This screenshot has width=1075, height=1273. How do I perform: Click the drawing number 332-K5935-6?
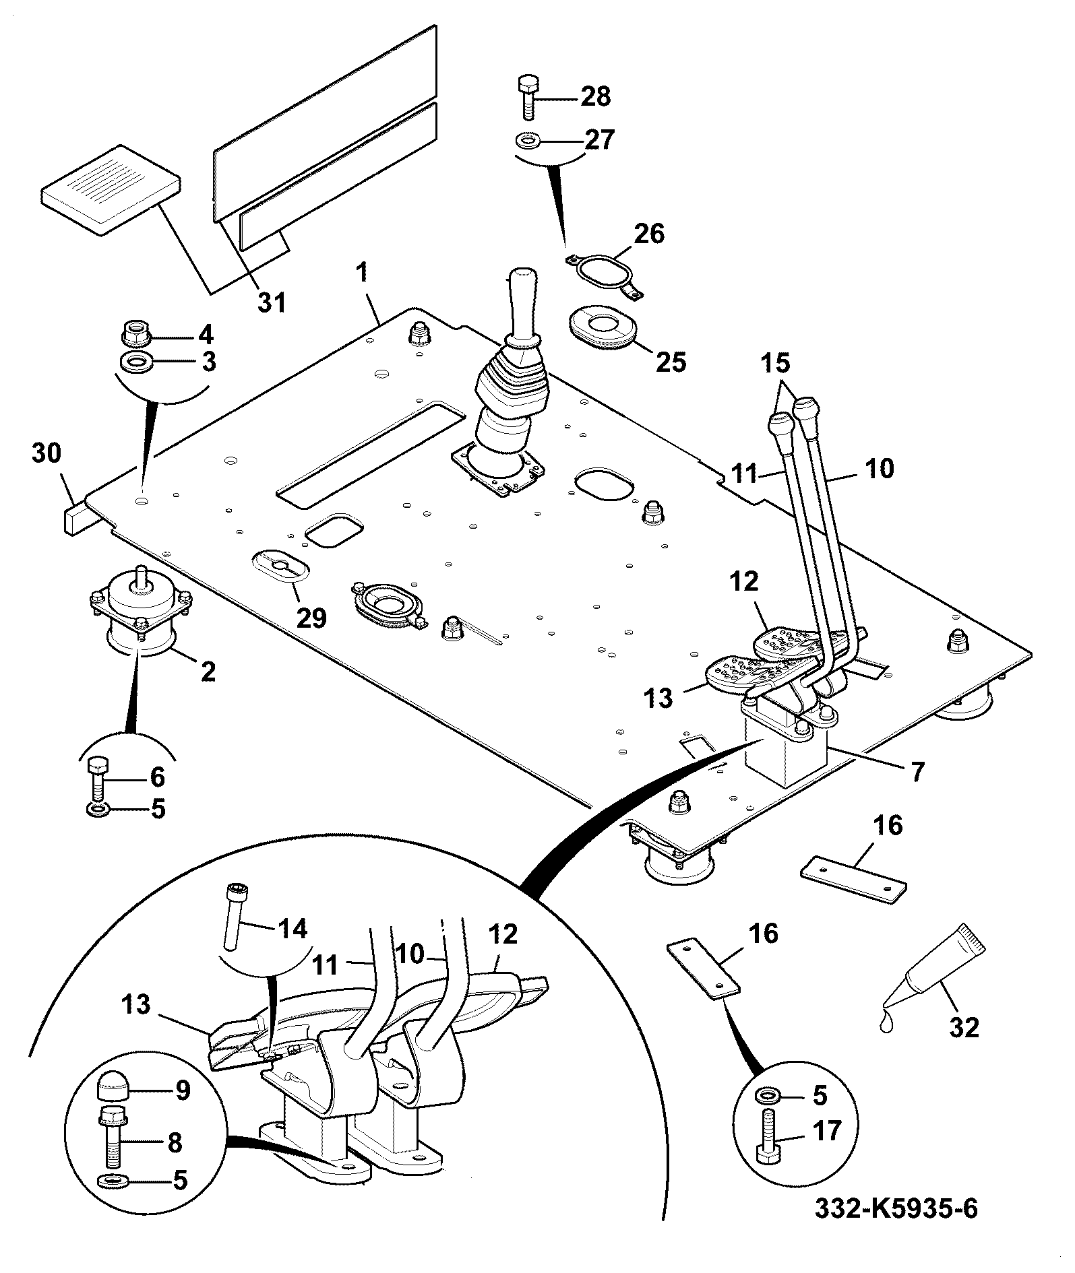(x=896, y=1208)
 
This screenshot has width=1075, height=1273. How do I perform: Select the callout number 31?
(x=273, y=302)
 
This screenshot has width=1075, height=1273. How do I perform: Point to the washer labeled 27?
(x=526, y=141)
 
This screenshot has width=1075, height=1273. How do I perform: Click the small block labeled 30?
(x=74, y=517)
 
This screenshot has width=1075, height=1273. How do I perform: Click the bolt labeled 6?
(x=96, y=778)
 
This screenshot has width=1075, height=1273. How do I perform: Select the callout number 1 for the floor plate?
(x=363, y=273)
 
